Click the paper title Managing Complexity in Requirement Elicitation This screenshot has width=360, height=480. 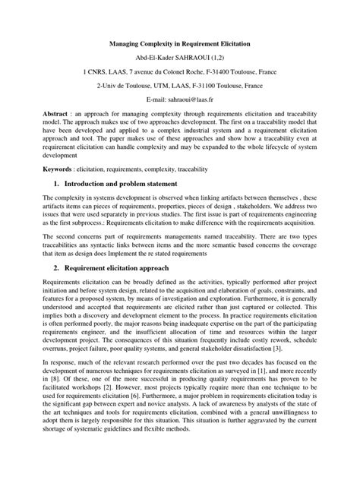[x=179, y=45]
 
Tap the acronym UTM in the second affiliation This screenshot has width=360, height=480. [x=153, y=86]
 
